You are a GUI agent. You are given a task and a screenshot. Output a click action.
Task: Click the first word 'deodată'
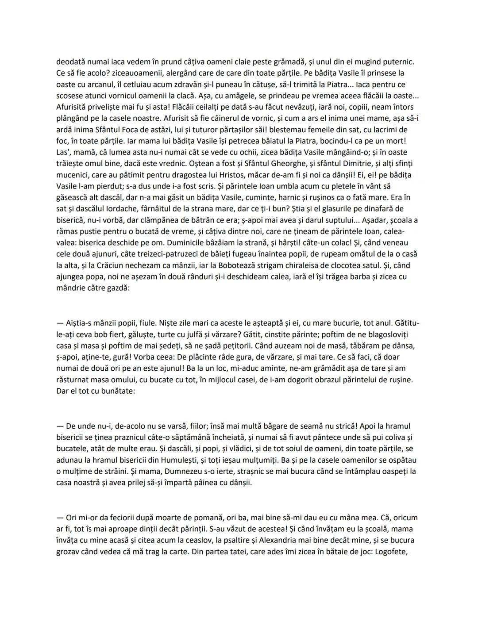(x=71, y=61)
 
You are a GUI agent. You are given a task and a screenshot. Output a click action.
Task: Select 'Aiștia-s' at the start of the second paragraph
(x=80, y=323)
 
